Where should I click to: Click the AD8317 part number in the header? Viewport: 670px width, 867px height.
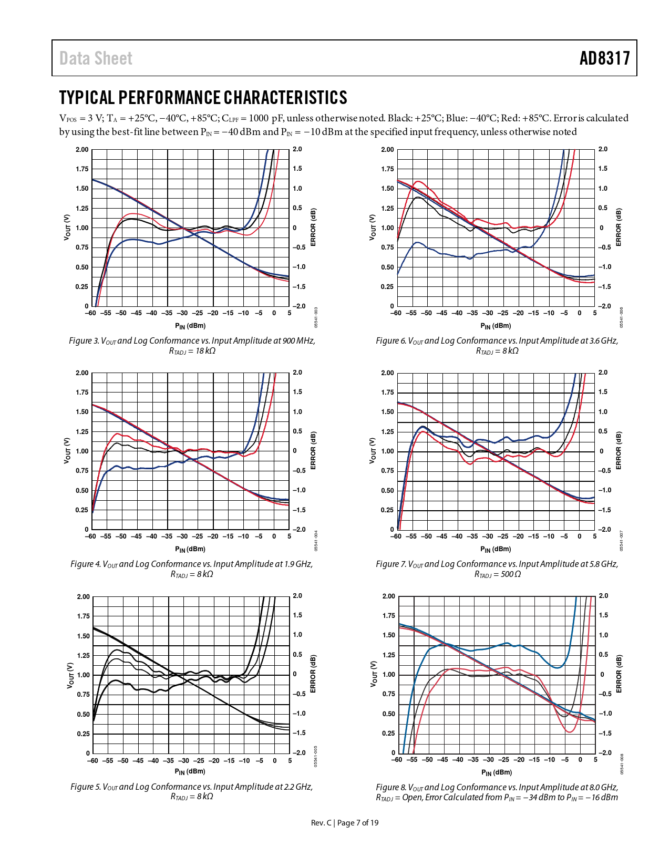(604, 58)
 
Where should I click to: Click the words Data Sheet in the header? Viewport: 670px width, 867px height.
(96, 58)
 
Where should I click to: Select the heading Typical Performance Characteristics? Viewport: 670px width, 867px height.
(203, 98)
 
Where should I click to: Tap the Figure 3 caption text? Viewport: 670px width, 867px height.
(192, 345)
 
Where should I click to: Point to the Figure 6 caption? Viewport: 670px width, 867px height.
(497, 345)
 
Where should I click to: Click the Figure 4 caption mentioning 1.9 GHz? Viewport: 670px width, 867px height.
(192, 569)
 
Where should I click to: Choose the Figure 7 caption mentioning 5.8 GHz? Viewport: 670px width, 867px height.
(497, 569)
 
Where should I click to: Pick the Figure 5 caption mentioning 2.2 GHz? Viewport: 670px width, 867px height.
(192, 791)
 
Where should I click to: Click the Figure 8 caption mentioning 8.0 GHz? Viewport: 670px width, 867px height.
(497, 792)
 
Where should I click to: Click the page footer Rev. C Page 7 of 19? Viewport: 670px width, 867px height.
(344, 822)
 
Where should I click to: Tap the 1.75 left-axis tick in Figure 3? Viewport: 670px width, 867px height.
(82, 169)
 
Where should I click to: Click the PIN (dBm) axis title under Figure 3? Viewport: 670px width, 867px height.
(190, 326)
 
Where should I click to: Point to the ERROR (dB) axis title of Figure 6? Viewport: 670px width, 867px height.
(619, 227)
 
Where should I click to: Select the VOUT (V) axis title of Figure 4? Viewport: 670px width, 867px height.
(67, 450)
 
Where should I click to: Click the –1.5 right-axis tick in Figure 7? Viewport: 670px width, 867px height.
(604, 510)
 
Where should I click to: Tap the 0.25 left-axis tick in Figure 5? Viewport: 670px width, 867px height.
(83, 734)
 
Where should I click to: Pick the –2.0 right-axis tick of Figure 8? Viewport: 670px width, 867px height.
(605, 753)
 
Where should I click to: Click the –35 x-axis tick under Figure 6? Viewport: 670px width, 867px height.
(472, 313)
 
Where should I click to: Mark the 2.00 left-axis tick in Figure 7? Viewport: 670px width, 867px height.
(387, 373)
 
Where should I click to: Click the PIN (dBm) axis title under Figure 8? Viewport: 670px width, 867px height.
(497, 772)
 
